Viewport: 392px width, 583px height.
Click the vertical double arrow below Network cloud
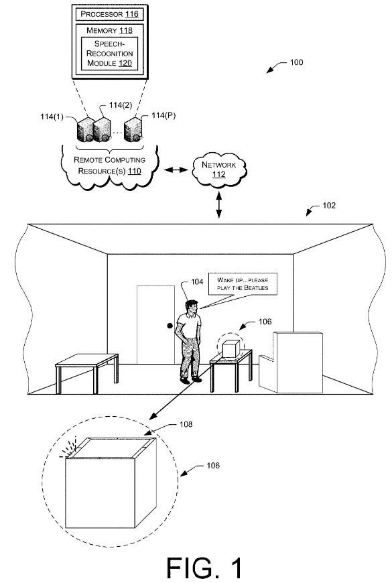tap(218, 203)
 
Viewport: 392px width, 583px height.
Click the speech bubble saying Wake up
tap(242, 283)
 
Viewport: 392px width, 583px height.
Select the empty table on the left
tap(86, 364)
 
